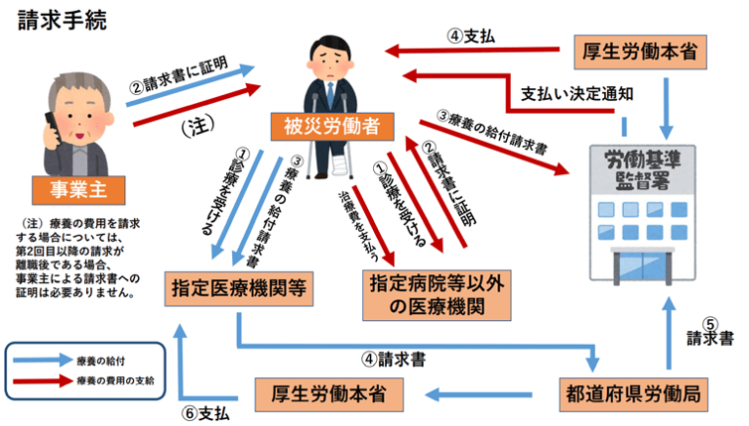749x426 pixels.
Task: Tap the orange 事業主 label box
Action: pyautogui.click(x=73, y=187)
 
